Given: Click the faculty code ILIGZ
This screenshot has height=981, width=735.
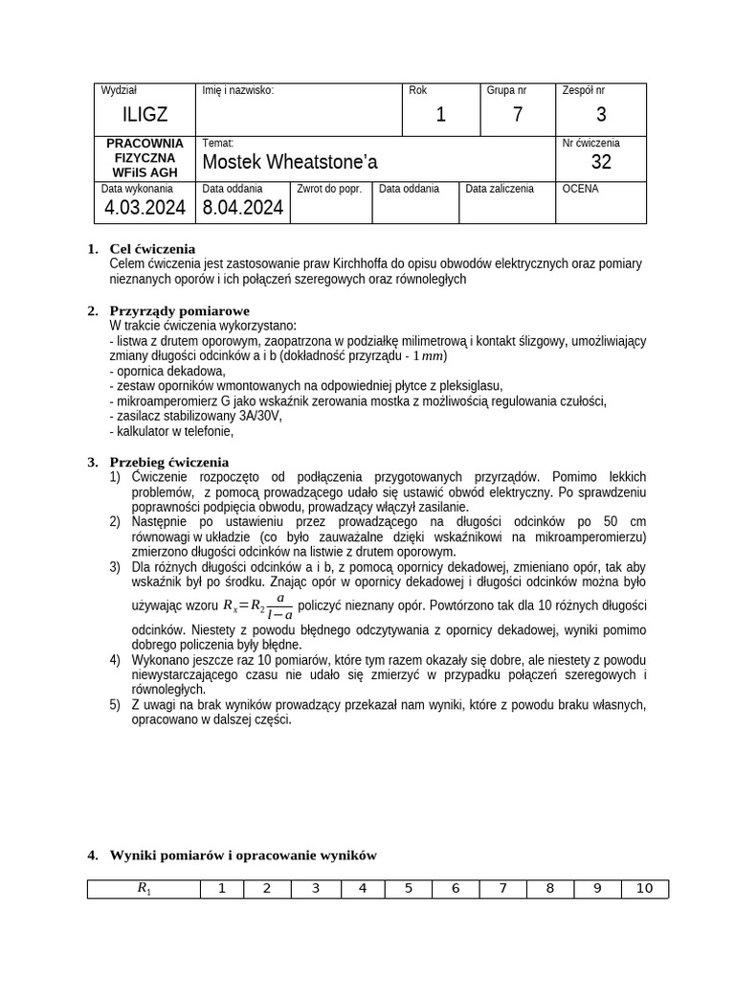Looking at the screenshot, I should coord(145,115).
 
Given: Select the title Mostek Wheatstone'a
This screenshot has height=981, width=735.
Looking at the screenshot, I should coord(290,162).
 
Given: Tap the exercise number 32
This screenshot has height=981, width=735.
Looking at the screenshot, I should coord(601,162).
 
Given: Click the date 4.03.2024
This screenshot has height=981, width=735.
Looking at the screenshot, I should coord(145,208).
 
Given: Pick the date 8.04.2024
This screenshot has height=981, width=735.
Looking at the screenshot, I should coord(243,208).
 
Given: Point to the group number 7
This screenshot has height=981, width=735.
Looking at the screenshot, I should coord(517,115).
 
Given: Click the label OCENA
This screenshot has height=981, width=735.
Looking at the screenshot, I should coord(581,190).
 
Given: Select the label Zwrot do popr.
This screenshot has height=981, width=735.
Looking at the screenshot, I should coord(329,190).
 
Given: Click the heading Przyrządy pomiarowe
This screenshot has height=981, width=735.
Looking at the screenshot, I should coord(179,311).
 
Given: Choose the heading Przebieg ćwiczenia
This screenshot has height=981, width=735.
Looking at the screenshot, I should coord(169,462).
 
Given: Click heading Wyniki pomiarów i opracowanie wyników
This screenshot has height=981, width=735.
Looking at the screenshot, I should coord(243,856).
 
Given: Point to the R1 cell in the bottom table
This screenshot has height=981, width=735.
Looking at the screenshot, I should coord(144,889).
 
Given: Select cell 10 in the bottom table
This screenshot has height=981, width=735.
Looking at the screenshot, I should coord(644,889).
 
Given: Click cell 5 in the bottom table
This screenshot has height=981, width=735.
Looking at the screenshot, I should coord(409,889).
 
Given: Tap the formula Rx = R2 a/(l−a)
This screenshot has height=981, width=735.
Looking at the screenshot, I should coord(258,605).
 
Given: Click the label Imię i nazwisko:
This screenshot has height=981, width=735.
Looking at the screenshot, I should coord(238,91).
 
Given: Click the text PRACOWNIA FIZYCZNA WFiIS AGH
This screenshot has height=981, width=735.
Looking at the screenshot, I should coord(145,157).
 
